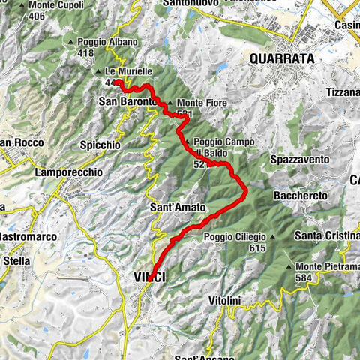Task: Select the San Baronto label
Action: pos(128,100)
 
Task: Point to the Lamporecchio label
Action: pos(68,172)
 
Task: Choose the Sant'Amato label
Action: pos(174,207)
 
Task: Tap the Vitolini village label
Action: pos(224,300)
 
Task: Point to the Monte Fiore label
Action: pos(197,103)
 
